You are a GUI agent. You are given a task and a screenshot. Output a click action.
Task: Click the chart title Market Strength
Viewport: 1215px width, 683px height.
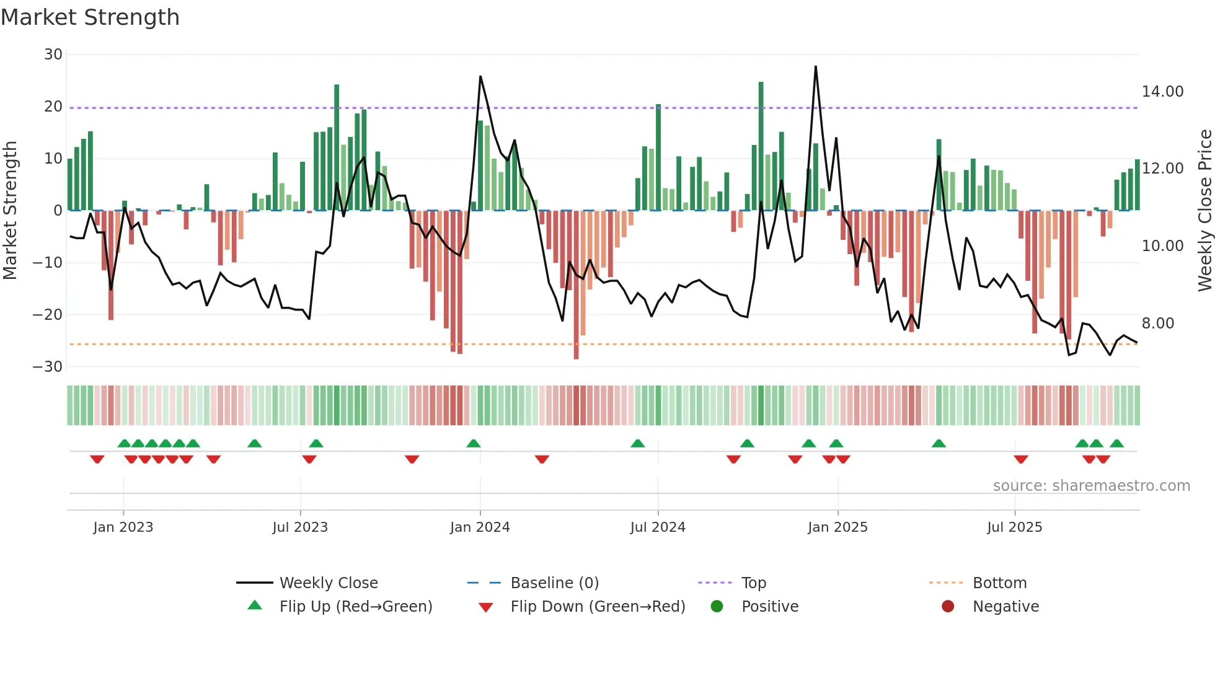91,17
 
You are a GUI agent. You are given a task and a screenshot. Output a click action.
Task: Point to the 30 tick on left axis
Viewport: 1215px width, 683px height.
53,55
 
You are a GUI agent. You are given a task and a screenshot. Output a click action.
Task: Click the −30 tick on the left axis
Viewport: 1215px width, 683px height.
48,366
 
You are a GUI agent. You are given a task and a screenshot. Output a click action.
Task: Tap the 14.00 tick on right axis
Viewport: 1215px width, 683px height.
1162,92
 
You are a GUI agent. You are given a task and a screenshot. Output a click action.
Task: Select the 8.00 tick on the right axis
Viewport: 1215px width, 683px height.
1157,323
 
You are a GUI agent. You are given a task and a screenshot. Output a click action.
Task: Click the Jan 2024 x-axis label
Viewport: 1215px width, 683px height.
480,527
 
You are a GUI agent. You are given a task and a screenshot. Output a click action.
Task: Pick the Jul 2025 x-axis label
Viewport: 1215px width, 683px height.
1014,527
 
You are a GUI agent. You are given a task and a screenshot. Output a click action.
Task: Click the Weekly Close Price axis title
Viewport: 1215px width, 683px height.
1204,211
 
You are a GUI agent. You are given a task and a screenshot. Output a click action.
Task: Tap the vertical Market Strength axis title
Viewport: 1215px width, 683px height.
11,211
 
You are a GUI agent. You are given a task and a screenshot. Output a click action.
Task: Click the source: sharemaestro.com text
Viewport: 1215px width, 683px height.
1091,486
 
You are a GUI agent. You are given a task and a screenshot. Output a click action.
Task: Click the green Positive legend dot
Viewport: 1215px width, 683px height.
717,606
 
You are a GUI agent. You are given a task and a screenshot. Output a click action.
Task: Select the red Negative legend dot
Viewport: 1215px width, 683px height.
948,606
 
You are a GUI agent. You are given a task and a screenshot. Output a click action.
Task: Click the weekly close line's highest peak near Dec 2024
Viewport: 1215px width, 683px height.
816,66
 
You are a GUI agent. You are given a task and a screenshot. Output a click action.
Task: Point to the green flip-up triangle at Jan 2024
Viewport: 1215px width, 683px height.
474,443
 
